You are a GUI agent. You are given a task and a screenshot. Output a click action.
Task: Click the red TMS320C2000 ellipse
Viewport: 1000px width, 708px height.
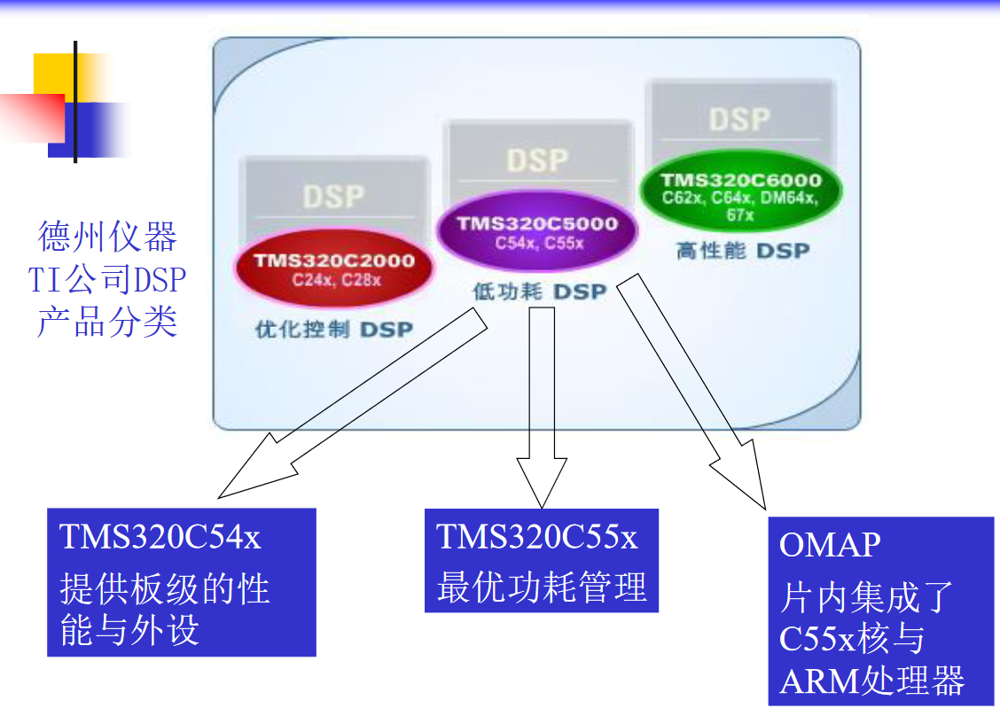click(334, 269)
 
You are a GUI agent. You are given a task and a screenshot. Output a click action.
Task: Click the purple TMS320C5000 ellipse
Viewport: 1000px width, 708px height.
click(538, 231)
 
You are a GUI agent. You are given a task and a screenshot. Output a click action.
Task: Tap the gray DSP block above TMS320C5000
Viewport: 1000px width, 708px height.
click(537, 159)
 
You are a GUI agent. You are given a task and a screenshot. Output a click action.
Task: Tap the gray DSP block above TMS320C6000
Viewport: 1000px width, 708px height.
click(740, 119)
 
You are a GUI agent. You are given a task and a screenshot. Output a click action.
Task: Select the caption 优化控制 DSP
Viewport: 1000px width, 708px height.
click(334, 330)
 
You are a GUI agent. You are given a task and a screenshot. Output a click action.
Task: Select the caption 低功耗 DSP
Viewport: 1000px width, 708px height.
click(539, 292)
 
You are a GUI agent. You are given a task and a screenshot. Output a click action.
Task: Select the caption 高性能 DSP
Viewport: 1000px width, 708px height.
click(743, 252)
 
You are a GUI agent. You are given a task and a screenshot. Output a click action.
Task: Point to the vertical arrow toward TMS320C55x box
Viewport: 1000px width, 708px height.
click(541, 399)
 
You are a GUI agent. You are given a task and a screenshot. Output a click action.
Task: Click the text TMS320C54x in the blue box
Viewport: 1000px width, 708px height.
click(160, 537)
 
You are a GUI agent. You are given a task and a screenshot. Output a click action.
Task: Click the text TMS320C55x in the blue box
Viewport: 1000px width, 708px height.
click(537, 537)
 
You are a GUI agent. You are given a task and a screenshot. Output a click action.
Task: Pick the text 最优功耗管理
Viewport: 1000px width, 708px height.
click(542, 587)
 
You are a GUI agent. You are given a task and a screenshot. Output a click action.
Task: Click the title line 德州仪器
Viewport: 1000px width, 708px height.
click(108, 237)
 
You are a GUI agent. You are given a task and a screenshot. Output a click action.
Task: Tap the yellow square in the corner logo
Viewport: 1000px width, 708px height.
click(53, 73)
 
